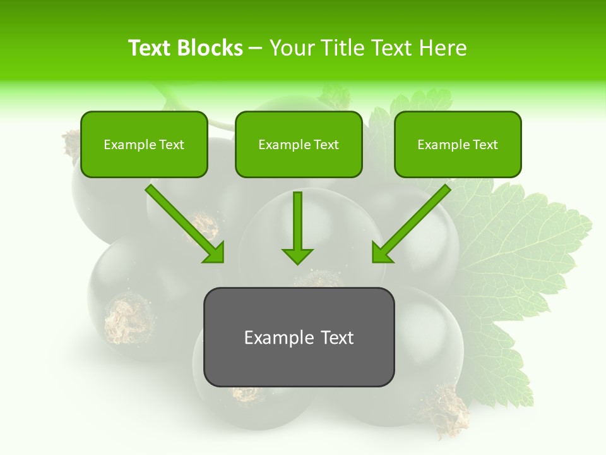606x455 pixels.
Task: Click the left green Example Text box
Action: click(x=144, y=144)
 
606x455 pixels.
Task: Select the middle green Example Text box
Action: click(x=299, y=144)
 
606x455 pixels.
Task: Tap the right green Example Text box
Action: click(x=458, y=144)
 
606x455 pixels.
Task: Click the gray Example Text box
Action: click(x=299, y=337)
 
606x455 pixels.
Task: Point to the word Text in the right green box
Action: click(x=485, y=145)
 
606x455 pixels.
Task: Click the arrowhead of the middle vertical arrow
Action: click(x=297, y=255)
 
